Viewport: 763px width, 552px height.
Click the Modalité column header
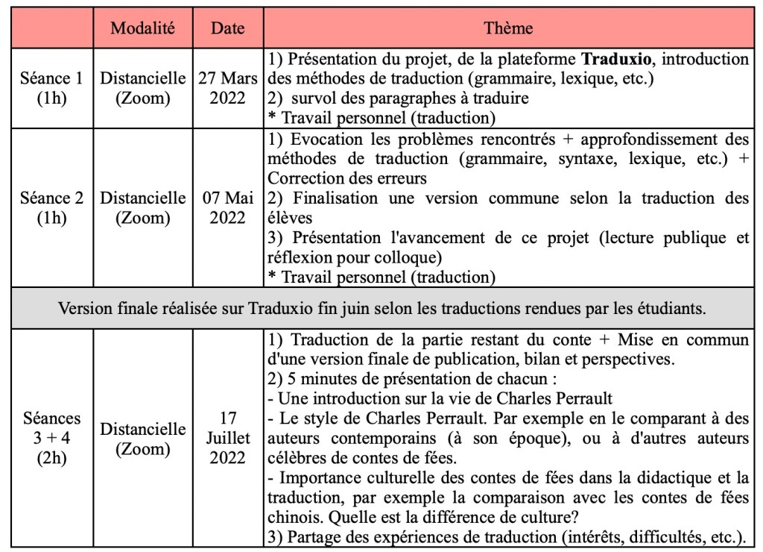142,28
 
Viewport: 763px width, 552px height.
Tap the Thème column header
508,28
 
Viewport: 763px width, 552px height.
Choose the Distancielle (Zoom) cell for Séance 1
142,88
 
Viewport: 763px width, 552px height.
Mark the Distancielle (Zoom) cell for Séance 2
142,209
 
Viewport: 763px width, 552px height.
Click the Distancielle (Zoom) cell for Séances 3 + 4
142,439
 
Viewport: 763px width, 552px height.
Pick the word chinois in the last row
289,517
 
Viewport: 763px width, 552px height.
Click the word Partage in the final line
310,536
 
